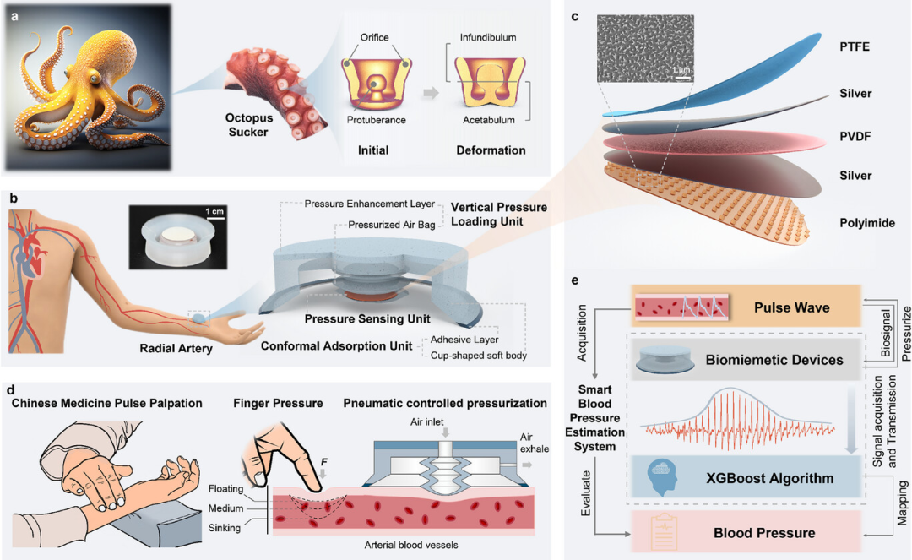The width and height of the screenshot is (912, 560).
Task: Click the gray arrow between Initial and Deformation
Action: [430, 91]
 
